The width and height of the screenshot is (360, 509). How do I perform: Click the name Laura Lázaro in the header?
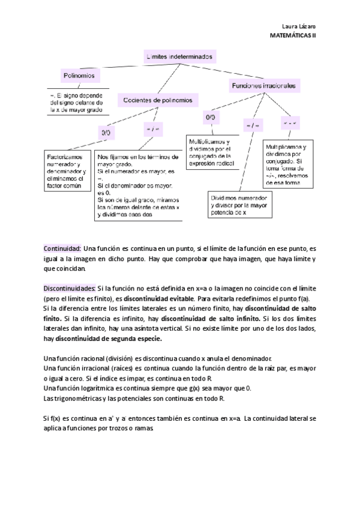pyautogui.click(x=298, y=26)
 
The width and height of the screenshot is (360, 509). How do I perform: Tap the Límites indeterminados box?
pyautogui.click(x=179, y=56)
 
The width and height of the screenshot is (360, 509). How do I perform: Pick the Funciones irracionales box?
pyautogui.click(x=263, y=86)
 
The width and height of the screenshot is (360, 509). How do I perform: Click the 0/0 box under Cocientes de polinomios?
pyautogui.click(x=106, y=131)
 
